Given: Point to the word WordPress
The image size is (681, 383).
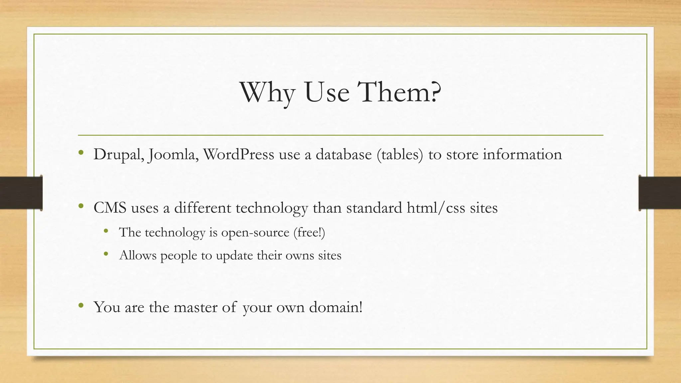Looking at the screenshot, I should [238, 155].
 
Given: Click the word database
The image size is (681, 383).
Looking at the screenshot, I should [343, 155].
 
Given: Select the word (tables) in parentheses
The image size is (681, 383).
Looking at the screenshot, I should [400, 155].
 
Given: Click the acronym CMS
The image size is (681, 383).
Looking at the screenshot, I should [110, 208].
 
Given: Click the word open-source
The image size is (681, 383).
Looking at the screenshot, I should [255, 232].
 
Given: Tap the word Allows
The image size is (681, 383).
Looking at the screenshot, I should [138, 255].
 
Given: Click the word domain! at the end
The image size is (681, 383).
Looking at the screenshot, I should [336, 307].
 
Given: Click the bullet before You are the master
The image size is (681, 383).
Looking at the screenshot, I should [81, 306].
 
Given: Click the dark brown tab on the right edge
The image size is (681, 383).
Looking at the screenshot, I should [660, 193].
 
